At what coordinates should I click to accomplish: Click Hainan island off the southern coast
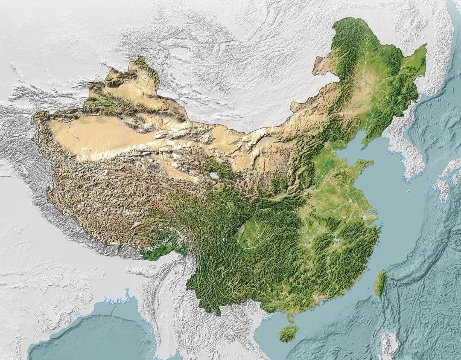click(289, 334)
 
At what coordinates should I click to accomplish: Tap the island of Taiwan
click(379, 283)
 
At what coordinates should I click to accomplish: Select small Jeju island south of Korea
click(409, 191)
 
